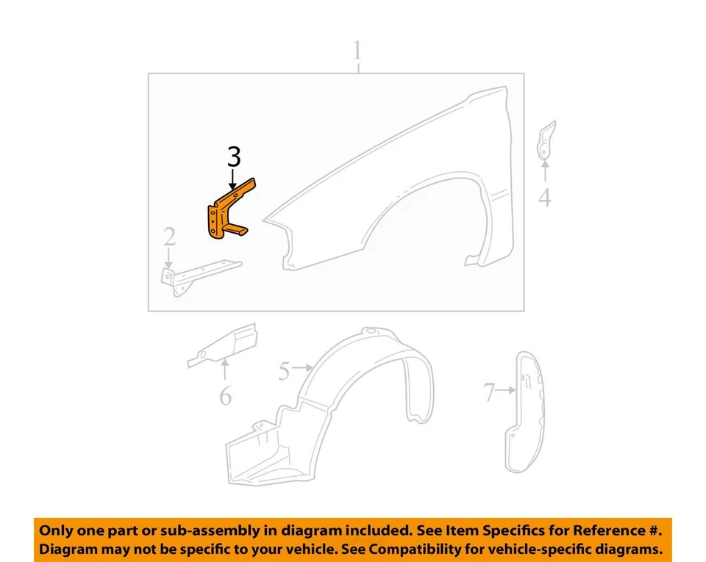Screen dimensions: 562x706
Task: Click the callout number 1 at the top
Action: tap(357, 51)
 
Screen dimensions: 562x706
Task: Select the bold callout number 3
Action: tap(234, 156)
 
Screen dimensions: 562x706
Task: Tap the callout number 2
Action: tap(169, 237)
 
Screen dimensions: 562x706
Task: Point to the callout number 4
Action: tap(544, 197)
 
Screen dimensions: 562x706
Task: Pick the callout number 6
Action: tap(225, 397)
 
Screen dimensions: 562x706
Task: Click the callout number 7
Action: tap(490, 393)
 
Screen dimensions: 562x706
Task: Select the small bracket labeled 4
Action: tap(546, 140)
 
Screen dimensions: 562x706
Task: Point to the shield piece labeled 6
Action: tap(224, 345)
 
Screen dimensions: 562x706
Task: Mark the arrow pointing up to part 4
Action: tap(544, 171)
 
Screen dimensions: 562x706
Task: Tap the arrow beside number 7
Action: tap(505, 392)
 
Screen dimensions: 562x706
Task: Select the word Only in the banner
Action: tap(57, 530)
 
